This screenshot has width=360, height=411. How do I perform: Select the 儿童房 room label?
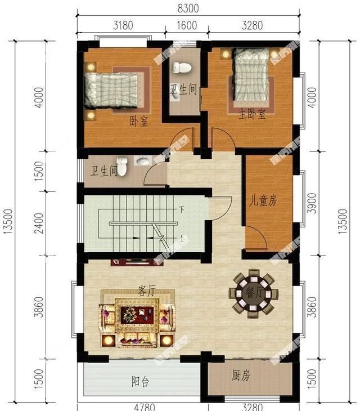(x=263, y=200)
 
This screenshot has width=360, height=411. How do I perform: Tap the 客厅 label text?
(x=146, y=291)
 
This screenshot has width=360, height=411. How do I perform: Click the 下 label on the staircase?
(x=182, y=209)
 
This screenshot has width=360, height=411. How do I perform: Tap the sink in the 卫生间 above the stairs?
(x=143, y=162)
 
